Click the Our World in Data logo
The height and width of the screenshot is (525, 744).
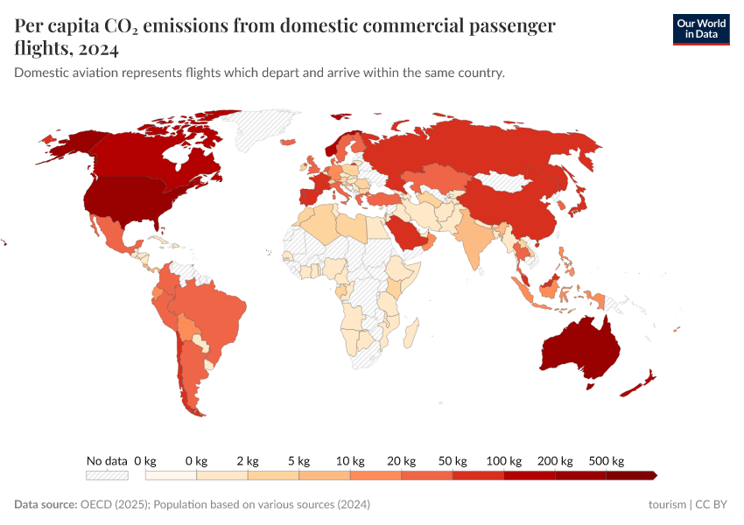700,29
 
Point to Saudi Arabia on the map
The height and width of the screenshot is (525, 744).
408,234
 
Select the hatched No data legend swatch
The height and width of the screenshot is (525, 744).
107,476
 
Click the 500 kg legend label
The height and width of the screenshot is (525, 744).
606,460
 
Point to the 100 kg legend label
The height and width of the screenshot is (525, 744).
504,460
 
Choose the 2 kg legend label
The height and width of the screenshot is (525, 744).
248,460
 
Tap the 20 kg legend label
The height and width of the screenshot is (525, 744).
402,460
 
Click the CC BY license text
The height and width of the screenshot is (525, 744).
712,505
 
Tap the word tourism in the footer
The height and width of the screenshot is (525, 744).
667,505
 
